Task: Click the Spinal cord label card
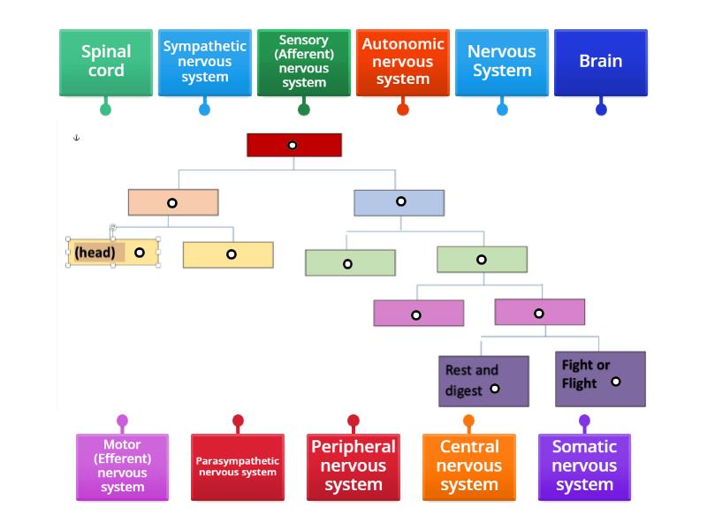106,62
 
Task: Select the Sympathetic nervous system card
205,62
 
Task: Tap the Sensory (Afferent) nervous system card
304,62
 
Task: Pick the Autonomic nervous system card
403,62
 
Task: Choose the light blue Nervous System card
502,62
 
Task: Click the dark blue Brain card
601,62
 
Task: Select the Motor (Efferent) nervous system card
122,466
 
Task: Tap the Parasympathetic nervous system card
238,466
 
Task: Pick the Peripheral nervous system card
353,466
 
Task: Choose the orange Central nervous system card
469,466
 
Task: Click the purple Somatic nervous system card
584,466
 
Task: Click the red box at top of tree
294,145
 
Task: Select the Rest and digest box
484,381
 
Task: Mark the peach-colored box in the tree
173,202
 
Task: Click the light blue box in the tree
399,202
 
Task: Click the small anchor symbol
76,138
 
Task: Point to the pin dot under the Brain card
602,110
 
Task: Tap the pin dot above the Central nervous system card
469,421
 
